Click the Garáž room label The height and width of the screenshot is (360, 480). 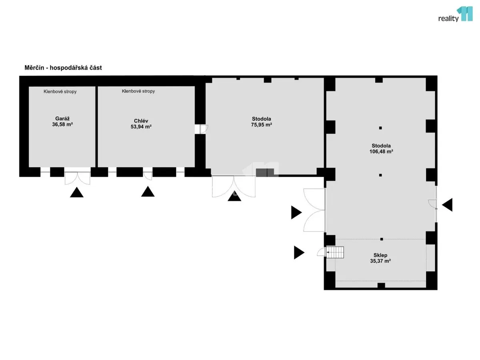pos(62,118)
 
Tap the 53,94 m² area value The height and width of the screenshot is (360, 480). pos(141,126)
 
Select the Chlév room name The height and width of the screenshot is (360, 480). pos(141,121)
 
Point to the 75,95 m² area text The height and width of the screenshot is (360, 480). pos(261,124)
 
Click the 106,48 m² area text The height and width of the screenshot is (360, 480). pos(381,152)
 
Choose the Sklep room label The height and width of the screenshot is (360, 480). pos(380,255)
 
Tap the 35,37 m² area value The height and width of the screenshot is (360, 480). pos(380,261)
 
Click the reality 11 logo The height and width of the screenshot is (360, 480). pos(455,14)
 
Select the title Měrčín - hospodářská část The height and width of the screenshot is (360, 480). pos(63,68)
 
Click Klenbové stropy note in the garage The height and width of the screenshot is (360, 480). pos(60,92)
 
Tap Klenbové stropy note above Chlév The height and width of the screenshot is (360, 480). pos(138,91)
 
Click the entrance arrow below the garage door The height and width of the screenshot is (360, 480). pos(76,192)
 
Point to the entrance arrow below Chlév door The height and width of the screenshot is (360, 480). pos(148,192)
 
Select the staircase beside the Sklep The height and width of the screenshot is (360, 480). pos(335,252)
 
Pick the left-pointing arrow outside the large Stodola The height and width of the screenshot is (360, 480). pos(447,205)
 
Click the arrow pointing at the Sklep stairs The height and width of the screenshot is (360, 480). pos(299,252)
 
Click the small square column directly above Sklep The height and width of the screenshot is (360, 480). pos(382,239)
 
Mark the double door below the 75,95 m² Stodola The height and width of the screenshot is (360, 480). pos(234,186)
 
